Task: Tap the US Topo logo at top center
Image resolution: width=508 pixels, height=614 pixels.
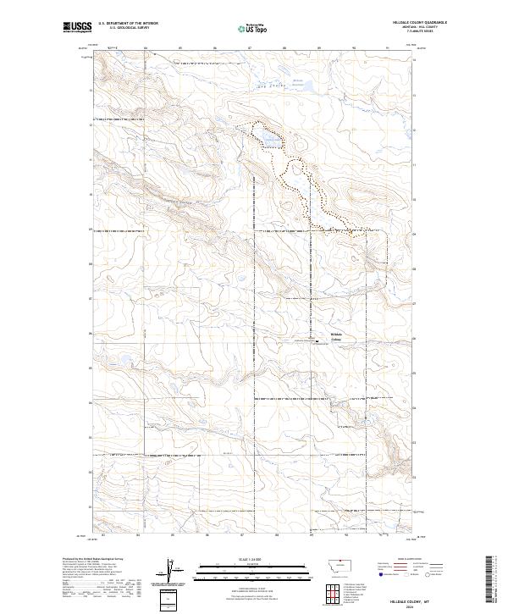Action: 251,28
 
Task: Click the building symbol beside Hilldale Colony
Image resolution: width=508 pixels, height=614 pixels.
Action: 317,341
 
